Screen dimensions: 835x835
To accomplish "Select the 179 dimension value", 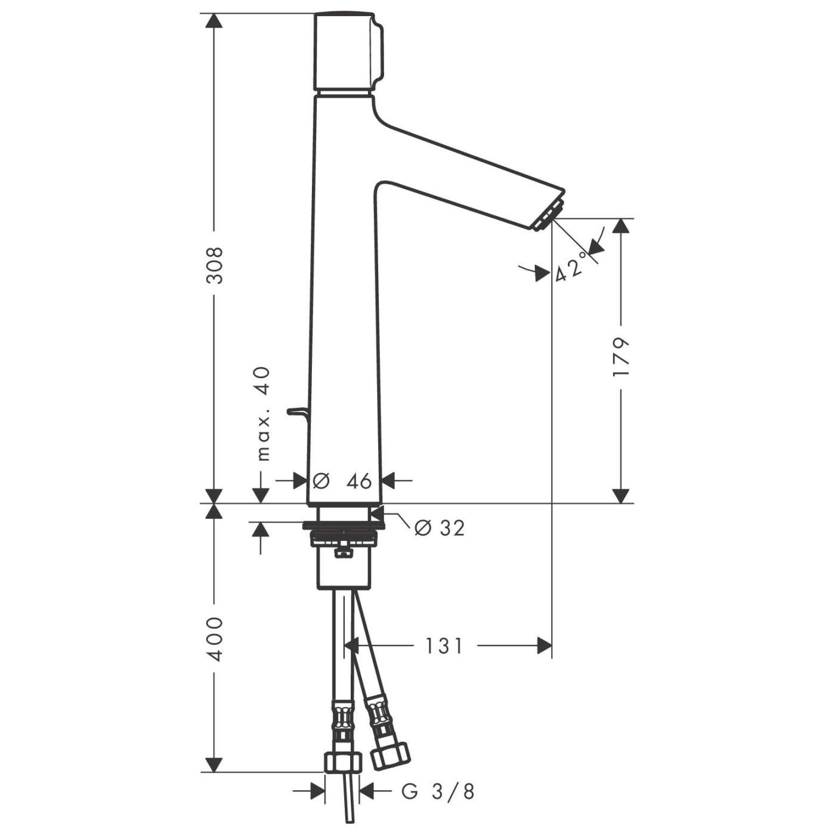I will click(621, 357).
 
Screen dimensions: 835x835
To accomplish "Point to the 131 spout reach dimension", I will click(444, 645).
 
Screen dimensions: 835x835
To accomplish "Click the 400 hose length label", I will click(214, 638).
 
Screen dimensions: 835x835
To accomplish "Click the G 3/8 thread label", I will click(438, 791).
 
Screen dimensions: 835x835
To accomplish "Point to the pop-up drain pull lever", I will click(298, 411).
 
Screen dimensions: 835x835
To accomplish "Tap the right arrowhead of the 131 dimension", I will click(544, 645).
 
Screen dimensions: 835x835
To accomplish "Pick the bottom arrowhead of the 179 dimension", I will click(621, 496).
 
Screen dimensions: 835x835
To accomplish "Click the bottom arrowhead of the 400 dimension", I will click(214, 765).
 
